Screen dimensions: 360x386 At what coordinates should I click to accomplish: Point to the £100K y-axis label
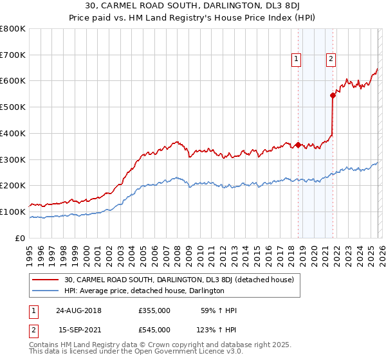point(13,212)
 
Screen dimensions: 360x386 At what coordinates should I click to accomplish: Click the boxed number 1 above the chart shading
point(297,60)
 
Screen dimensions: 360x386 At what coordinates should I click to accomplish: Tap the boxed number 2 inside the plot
point(331,60)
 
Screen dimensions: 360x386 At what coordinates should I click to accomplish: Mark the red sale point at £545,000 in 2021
point(333,95)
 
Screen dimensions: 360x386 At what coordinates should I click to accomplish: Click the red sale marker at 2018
point(298,145)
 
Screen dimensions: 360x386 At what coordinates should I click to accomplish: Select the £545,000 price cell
point(154,329)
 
